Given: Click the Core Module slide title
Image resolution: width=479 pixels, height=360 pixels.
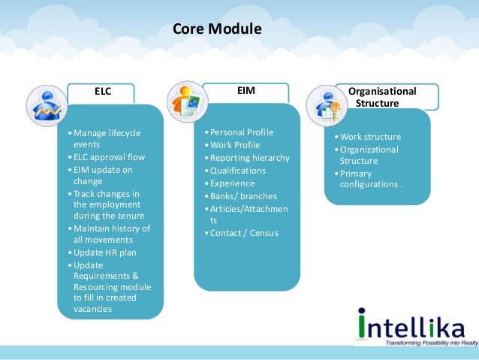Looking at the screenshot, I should (217, 30).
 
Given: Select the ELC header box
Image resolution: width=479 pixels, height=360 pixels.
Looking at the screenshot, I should (102, 92).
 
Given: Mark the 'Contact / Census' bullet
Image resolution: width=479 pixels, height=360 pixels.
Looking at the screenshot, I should (243, 233).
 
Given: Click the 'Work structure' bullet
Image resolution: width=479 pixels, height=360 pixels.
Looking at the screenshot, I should (370, 137).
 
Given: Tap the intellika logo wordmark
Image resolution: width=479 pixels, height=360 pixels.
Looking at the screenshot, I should (405, 323).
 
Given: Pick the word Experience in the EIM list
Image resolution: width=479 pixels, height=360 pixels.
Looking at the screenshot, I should (232, 183).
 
